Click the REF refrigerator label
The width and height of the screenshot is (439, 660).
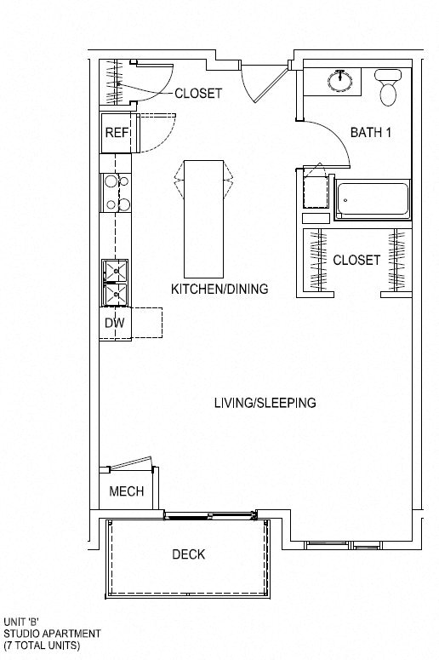(x=116, y=133)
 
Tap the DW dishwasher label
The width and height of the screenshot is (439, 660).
(x=114, y=323)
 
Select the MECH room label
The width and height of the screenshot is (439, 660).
(x=126, y=491)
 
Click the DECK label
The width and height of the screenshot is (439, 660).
(x=189, y=554)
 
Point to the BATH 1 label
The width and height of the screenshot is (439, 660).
(x=370, y=133)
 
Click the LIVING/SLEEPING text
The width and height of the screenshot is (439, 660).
(x=265, y=403)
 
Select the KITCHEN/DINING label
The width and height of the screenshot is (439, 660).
(x=219, y=289)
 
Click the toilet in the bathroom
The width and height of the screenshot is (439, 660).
(x=389, y=89)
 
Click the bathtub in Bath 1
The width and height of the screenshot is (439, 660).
(x=372, y=200)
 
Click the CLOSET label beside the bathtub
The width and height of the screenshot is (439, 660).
(x=356, y=260)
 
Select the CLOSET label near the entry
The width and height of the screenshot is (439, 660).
(x=198, y=93)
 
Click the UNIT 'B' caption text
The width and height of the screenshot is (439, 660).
(x=21, y=622)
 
